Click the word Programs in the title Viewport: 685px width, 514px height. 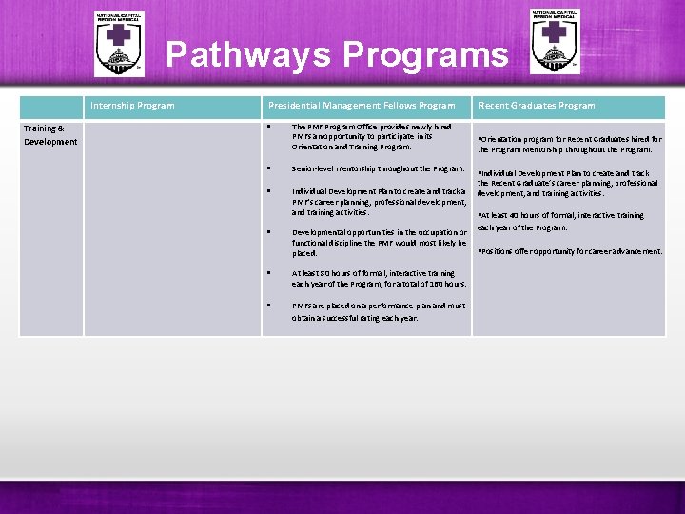tap(424, 54)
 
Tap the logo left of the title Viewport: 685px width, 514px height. tap(119, 44)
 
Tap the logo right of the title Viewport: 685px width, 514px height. tap(555, 41)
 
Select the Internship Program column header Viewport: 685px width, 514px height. tap(132, 106)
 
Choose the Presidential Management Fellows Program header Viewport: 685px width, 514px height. tap(362, 106)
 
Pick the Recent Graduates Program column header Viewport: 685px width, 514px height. tap(537, 106)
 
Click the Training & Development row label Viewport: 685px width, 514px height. tap(50, 134)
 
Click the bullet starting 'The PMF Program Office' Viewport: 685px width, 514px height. tap(371, 136)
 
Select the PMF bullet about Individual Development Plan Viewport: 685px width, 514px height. tap(378, 202)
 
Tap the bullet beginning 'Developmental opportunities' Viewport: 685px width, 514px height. tap(379, 243)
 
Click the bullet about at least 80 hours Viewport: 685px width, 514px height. tap(379, 278)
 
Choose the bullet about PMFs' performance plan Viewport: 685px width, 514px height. tap(378, 311)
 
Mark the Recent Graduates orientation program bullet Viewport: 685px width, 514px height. tap(569, 144)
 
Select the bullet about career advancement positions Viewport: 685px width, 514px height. tap(569, 251)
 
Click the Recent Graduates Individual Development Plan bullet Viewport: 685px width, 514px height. tap(567, 183)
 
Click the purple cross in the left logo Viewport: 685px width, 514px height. tap(119, 35)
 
